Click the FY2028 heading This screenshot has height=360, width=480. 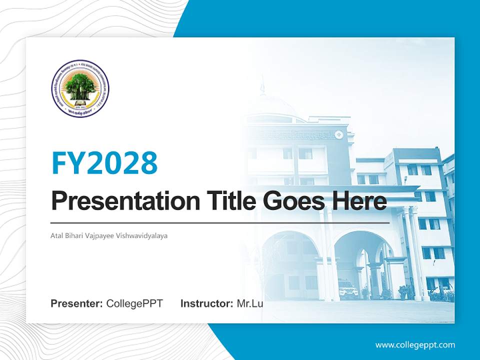pyautogui.click(x=104, y=162)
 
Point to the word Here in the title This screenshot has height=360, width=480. pyautogui.click(x=361, y=201)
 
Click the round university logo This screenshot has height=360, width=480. pyautogui.click(x=80, y=88)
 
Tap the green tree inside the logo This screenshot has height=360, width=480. pyautogui.click(x=80, y=86)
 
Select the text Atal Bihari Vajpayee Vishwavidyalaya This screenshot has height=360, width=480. pyautogui.click(x=109, y=234)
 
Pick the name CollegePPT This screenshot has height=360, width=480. pyautogui.click(x=134, y=303)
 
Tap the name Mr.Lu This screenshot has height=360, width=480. pyautogui.click(x=250, y=303)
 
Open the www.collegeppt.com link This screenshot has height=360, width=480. pyautogui.click(x=415, y=345)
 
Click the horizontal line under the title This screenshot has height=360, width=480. pyautogui.click(x=220, y=222)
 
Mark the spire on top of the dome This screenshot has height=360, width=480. pyautogui.click(x=261, y=85)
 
